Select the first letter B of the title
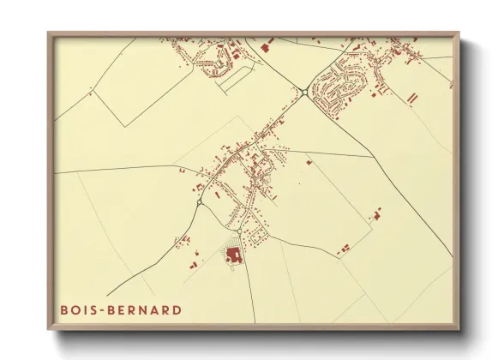64,309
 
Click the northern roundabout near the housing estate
305,92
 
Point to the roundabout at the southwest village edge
199,203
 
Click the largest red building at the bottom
232,255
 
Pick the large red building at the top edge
264,47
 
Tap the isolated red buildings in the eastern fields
375,214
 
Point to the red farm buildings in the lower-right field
344,249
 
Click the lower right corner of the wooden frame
458,329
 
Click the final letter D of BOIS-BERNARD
177,309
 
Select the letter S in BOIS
98,309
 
